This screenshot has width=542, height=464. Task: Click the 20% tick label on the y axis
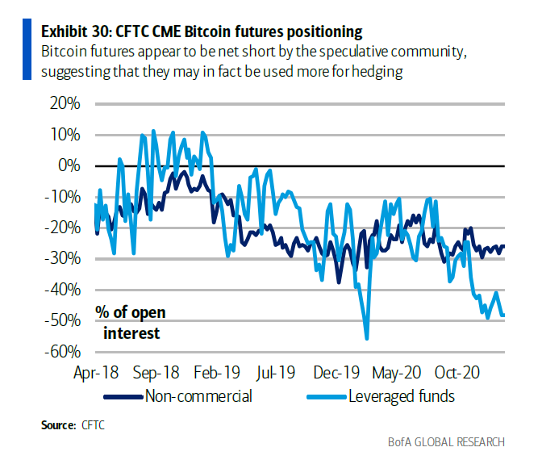coord(65,103)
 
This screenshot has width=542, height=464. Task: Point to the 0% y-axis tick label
coord(69,165)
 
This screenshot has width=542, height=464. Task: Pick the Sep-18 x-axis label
coord(156,374)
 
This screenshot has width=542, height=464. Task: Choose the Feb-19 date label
coord(216,374)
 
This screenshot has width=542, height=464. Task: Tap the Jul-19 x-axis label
coord(276,374)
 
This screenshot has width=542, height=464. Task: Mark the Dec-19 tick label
coord(337,374)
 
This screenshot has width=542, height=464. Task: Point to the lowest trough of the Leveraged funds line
coord(367,339)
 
